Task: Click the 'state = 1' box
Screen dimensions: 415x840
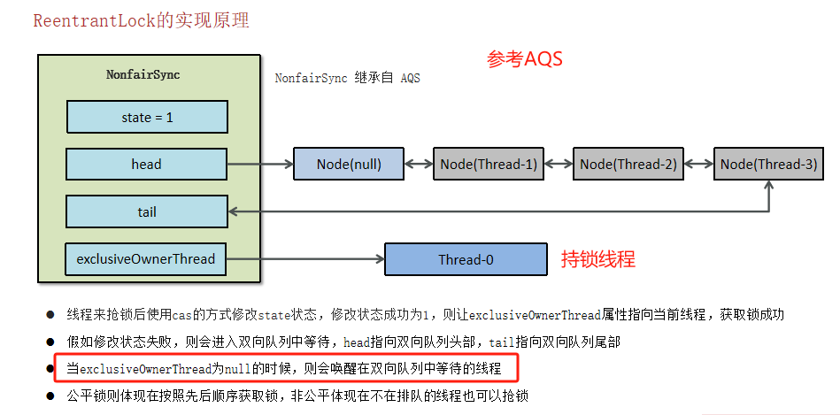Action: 147,117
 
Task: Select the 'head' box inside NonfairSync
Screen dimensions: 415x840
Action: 147,164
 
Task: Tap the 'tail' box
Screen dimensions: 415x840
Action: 147,211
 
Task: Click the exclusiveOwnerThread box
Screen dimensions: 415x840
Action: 147,259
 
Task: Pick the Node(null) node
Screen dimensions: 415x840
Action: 349,164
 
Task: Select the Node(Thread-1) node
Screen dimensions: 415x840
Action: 489,164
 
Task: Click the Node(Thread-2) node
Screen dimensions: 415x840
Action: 628,164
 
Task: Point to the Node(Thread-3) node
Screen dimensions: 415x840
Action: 768,164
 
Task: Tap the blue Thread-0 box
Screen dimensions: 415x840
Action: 466,260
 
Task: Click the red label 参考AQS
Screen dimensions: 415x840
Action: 525,60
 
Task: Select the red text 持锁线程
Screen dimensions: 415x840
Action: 598,259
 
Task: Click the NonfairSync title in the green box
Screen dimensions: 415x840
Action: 143,75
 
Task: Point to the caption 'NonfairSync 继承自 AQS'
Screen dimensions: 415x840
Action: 347,78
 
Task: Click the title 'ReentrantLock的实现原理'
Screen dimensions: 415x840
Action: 141,20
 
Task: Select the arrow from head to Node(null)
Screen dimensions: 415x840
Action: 260,164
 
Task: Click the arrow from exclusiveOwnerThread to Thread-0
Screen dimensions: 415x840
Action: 306,259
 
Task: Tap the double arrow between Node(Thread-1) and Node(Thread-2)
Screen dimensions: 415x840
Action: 559,164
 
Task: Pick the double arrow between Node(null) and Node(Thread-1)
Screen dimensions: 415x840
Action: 419,164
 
